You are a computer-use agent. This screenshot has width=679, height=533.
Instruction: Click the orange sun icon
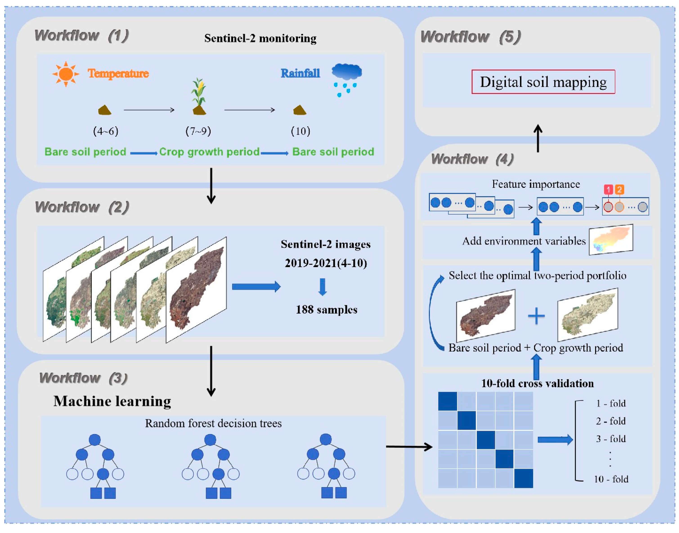pyautogui.click(x=65, y=74)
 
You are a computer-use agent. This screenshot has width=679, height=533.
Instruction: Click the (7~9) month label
pyautogui.click(x=198, y=131)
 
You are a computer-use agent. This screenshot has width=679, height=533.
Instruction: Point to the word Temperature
pyautogui.click(x=118, y=74)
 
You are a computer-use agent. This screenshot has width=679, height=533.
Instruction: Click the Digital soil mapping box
pyautogui.click(x=543, y=82)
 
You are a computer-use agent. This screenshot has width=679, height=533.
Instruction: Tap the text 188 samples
pyautogui.click(x=326, y=310)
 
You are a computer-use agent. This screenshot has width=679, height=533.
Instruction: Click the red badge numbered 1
pyautogui.click(x=608, y=190)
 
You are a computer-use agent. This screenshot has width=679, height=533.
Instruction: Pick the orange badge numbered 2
pyautogui.click(x=619, y=190)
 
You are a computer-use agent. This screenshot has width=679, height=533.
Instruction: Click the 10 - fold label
pyautogui.click(x=611, y=479)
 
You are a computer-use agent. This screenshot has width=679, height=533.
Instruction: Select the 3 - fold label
pyautogui.click(x=611, y=439)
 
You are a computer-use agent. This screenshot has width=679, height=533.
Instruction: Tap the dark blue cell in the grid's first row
pyautogui.click(x=447, y=401)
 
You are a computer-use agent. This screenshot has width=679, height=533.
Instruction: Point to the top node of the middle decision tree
pyautogui.click(x=210, y=440)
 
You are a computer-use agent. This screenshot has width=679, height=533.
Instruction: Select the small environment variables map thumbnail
pyautogui.click(x=611, y=240)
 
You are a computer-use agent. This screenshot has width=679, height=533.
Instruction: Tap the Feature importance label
pyautogui.click(x=536, y=184)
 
